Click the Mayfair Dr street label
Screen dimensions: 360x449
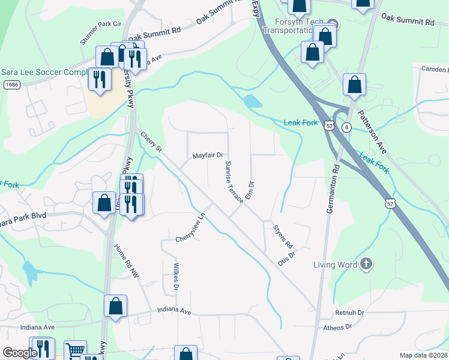click(x=208, y=155)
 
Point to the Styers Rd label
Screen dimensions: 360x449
click(x=282, y=236)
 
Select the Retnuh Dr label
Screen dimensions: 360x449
click(x=350, y=313)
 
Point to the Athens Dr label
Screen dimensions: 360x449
click(x=337, y=327)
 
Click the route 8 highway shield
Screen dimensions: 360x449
click(x=346, y=127)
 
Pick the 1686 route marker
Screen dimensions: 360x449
click(x=11, y=85)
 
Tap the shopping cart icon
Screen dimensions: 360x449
click(x=74, y=351)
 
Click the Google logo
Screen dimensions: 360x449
click(x=19, y=353)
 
